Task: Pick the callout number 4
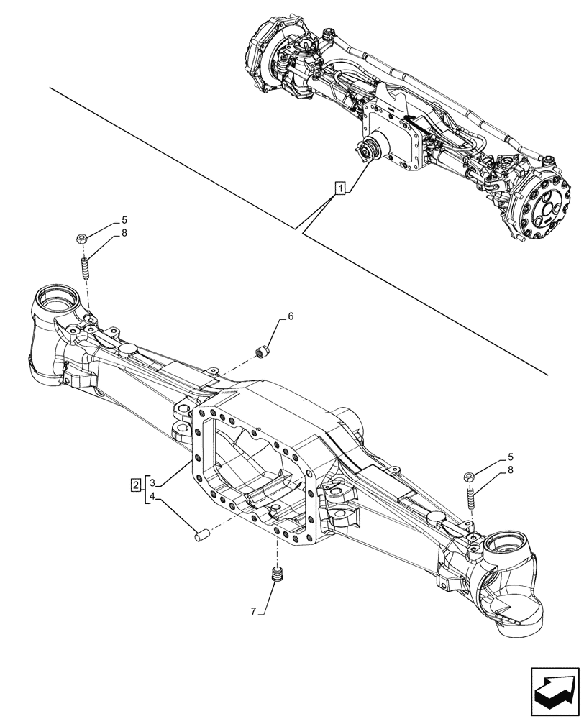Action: pyautogui.click(x=153, y=496)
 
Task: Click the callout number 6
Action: pyautogui.click(x=291, y=316)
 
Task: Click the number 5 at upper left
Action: pyautogui.click(x=124, y=219)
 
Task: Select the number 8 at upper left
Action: pyautogui.click(x=124, y=233)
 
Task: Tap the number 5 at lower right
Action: pyautogui.click(x=510, y=457)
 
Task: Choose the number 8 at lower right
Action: pyautogui.click(x=510, y=470)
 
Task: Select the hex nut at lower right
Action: pyautogui.click(x=467, y=475)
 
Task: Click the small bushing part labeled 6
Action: pyautogui.click(x=263, y=352)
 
